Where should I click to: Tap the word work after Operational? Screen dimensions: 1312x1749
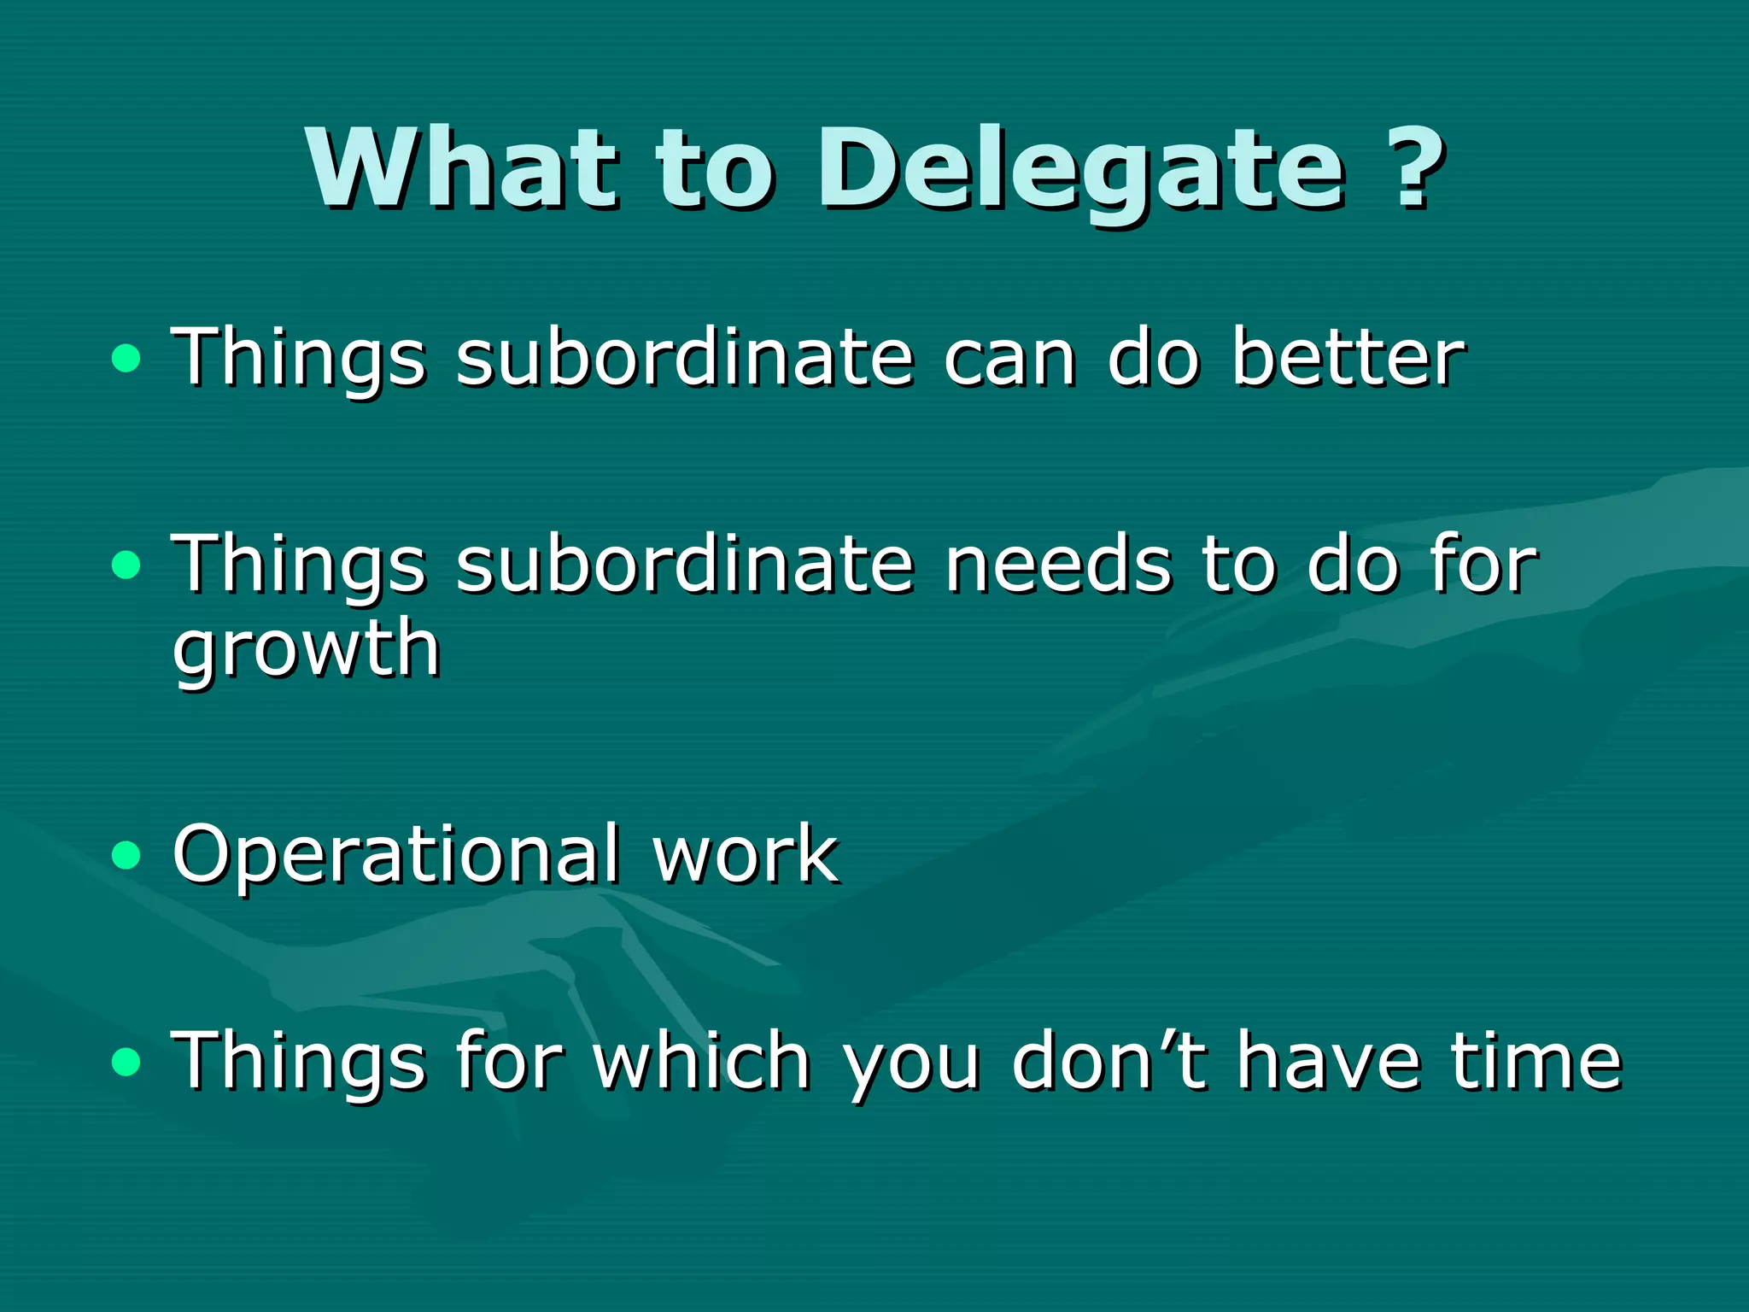745,854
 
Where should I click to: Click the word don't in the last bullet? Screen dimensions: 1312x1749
1110,1061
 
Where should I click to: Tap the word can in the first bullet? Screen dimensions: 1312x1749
1009,359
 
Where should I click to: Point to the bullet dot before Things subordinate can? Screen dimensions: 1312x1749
126,358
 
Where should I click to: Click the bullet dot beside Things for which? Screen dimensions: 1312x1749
126,1062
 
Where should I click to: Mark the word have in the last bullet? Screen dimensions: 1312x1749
1329,1061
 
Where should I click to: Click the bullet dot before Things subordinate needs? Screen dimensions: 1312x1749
126,565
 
